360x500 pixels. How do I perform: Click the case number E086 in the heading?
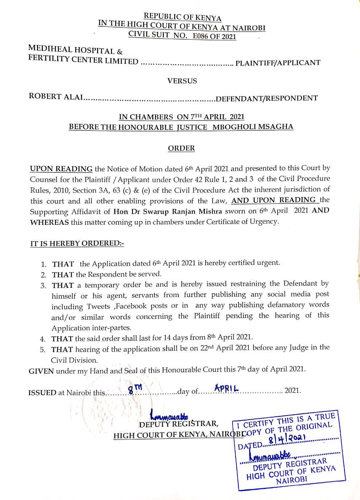201,36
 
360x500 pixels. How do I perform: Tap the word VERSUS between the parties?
182,81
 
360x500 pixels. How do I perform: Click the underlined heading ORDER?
181,148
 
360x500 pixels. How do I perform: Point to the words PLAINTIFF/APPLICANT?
278,63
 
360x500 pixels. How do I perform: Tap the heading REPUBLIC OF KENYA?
183,17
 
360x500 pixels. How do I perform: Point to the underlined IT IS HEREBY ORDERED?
77,244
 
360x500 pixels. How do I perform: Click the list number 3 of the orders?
43,286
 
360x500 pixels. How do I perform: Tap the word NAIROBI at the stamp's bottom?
292,479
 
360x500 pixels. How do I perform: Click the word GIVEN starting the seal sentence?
41,371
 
